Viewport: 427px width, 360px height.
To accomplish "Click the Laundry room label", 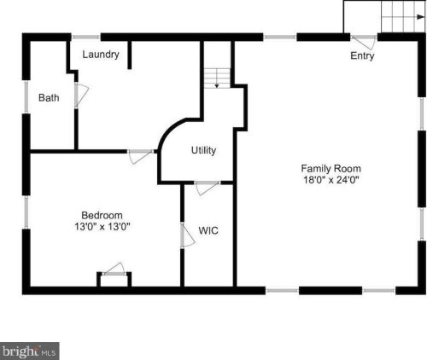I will [100, 55].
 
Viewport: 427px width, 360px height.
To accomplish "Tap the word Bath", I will [49, 98].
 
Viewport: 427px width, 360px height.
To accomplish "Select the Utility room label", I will [203, 150].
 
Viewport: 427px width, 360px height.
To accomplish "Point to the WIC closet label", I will [209, 230].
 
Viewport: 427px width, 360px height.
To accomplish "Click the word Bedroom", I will [102, 215].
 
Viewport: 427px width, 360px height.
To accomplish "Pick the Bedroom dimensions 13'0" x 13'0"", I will [102, 227].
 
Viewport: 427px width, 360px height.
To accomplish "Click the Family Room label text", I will [330, 168].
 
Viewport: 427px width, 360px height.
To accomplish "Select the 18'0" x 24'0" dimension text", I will [330, 180].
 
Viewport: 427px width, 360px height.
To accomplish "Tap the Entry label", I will [362, 56].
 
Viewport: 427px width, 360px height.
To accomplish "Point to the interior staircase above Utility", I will [217, 78].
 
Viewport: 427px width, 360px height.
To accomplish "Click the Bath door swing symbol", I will [81, 95].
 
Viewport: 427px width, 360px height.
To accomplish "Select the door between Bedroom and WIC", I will [185, 235].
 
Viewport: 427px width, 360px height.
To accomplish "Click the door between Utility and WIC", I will [208, 188].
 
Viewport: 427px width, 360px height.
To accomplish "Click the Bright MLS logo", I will [29, 350].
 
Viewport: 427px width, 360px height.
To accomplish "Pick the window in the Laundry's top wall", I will [85, 37].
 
